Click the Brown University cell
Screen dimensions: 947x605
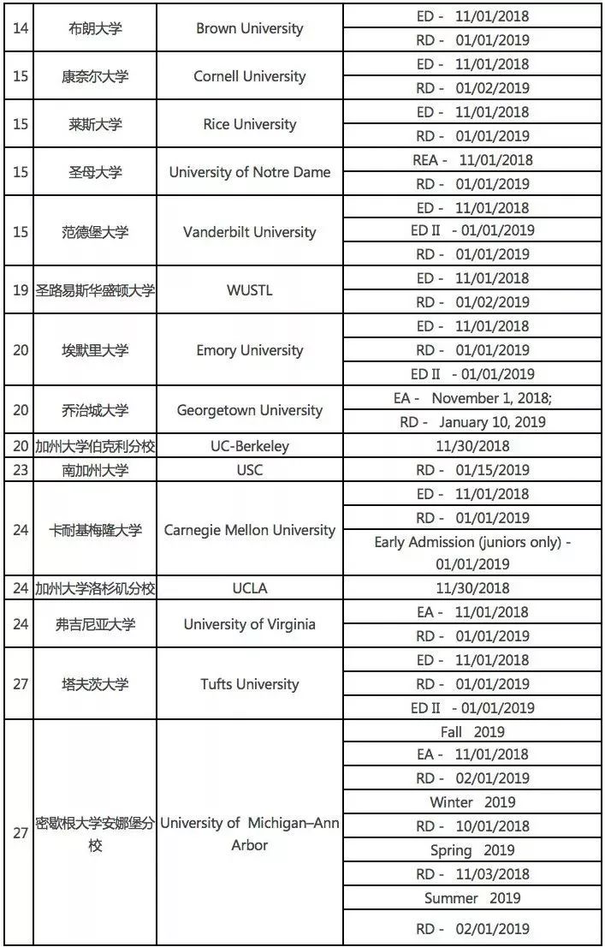tap(249, 28)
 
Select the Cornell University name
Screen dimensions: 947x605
tap(249, 76)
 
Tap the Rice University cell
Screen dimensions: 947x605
tap(249, 124)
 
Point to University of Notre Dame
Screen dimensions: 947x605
tap(249, 172)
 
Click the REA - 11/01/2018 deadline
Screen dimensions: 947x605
tap(472, 160)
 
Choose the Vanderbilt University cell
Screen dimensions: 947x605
tap(249, 232)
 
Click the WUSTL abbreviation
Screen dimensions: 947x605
tap(249, 290)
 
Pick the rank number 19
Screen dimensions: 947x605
tap(21, 290)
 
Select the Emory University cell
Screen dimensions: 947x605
tap(249, 350)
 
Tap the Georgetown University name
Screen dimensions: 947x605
tap(249, 410)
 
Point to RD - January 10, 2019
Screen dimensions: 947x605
tap(472, 422)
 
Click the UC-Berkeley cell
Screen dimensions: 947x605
tap(249, 446)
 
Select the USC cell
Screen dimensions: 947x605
tap(249, 470)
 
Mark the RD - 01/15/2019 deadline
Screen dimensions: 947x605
tap(472, 470)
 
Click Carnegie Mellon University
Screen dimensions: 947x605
tap(249, 530)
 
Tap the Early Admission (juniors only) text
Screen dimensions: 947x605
tap(472, 542)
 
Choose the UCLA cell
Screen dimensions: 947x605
tap(249, 588)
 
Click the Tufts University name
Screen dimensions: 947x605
tap(249, 684)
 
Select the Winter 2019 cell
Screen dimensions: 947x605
tap(472, 802)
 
